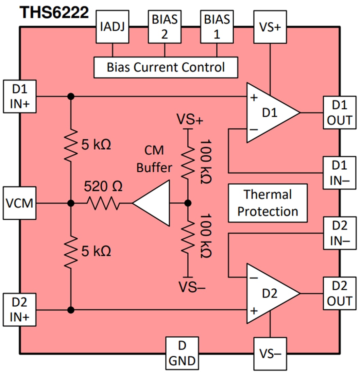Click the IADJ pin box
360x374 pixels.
[113, 27]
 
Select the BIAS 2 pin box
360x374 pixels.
[165, 27]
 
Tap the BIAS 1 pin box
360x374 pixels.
[217, 27]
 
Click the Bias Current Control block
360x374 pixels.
[166, 67]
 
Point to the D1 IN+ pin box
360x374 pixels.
[19, 97]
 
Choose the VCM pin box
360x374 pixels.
[19, 204]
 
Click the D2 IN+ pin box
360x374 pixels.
[19, 310]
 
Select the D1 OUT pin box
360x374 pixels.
[340, 113]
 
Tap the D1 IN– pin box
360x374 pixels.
[340, 172]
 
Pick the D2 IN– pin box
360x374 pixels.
[340, 234]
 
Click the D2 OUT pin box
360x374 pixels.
[340, 293]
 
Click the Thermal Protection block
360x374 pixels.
[268, 203]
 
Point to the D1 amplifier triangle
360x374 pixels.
[269, 113]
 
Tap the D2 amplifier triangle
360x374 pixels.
[269, 293]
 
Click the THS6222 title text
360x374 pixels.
[54, 13]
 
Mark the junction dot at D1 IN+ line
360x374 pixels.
[71, 97]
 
